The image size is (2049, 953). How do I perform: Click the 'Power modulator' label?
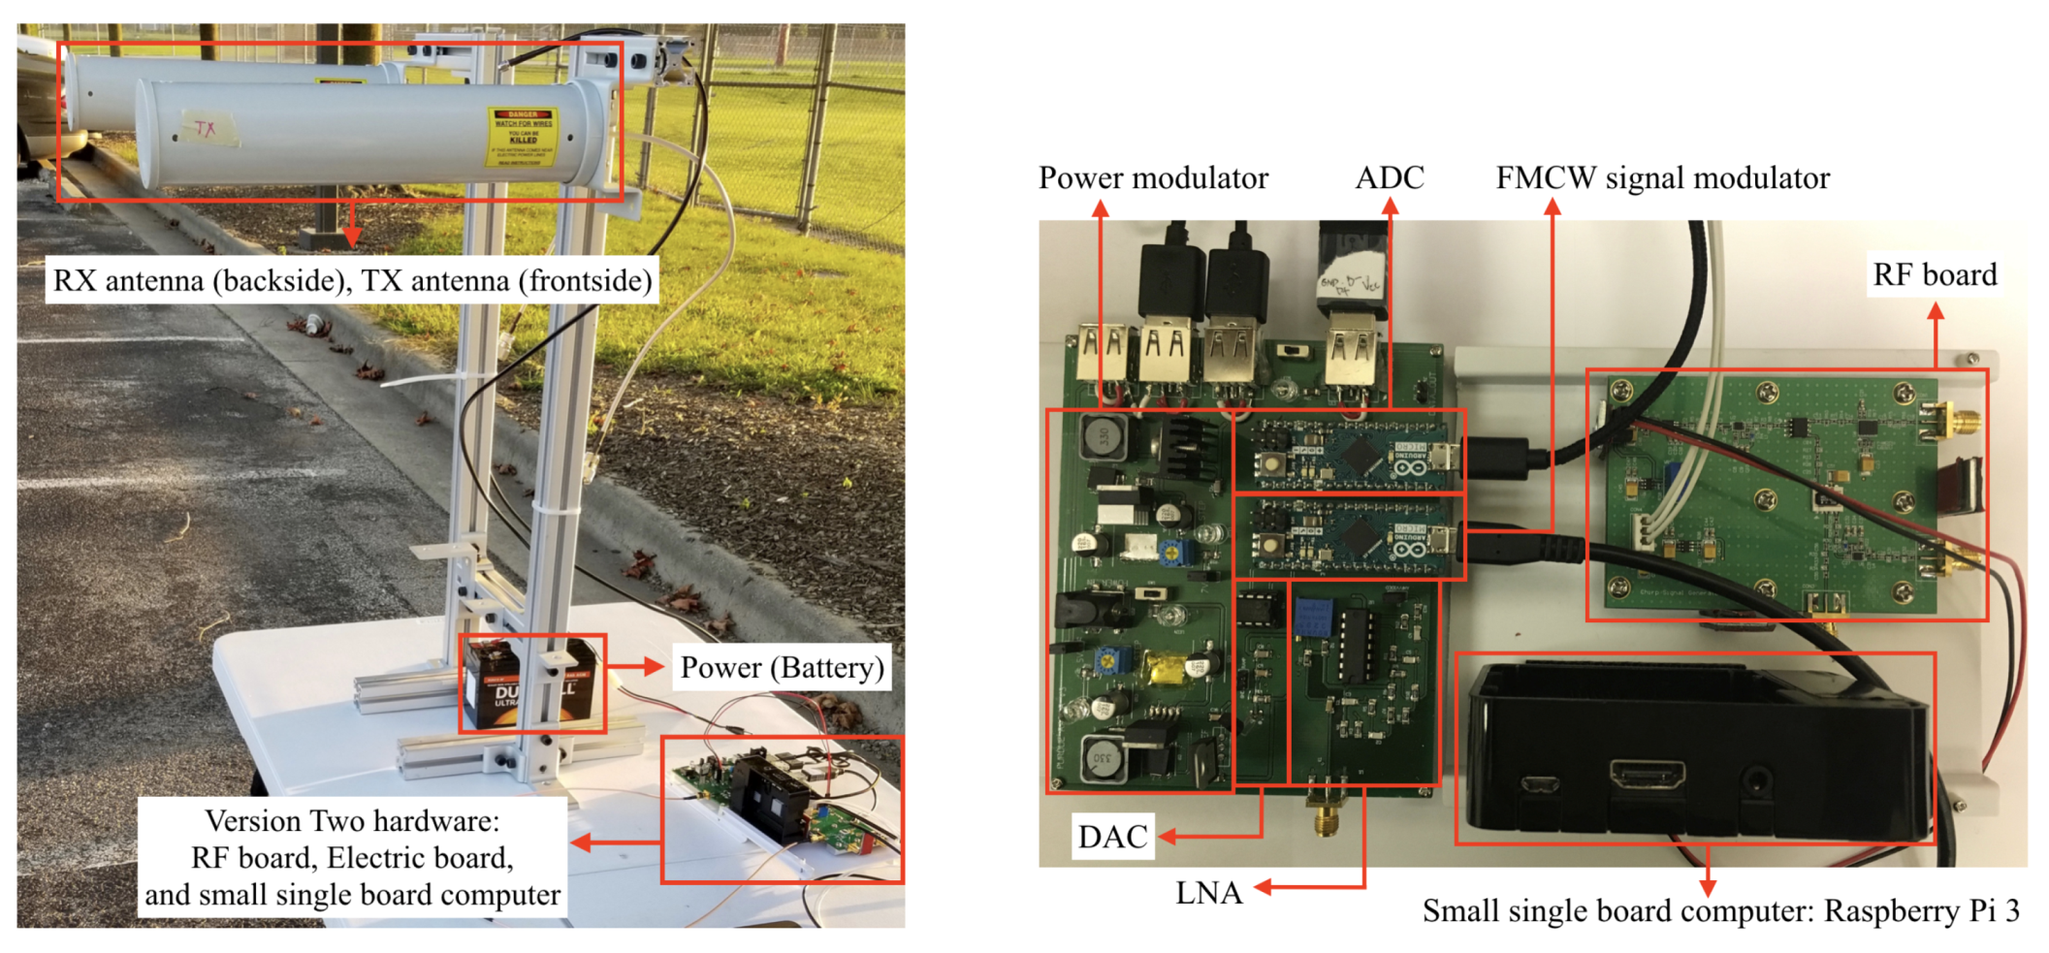coord(1152,178)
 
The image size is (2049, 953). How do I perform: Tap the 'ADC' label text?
coord(1389,178)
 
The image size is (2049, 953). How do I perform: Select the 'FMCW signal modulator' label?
coord(1662,178)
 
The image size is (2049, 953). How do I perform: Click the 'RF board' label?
coord(1934,275)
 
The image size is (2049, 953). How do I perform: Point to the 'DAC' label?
coord(1112,837)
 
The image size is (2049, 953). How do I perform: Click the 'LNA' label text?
coord(1208,893)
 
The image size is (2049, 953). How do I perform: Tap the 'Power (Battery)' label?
coord(782,668)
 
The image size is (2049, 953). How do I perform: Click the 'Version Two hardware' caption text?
coord(352,821)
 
